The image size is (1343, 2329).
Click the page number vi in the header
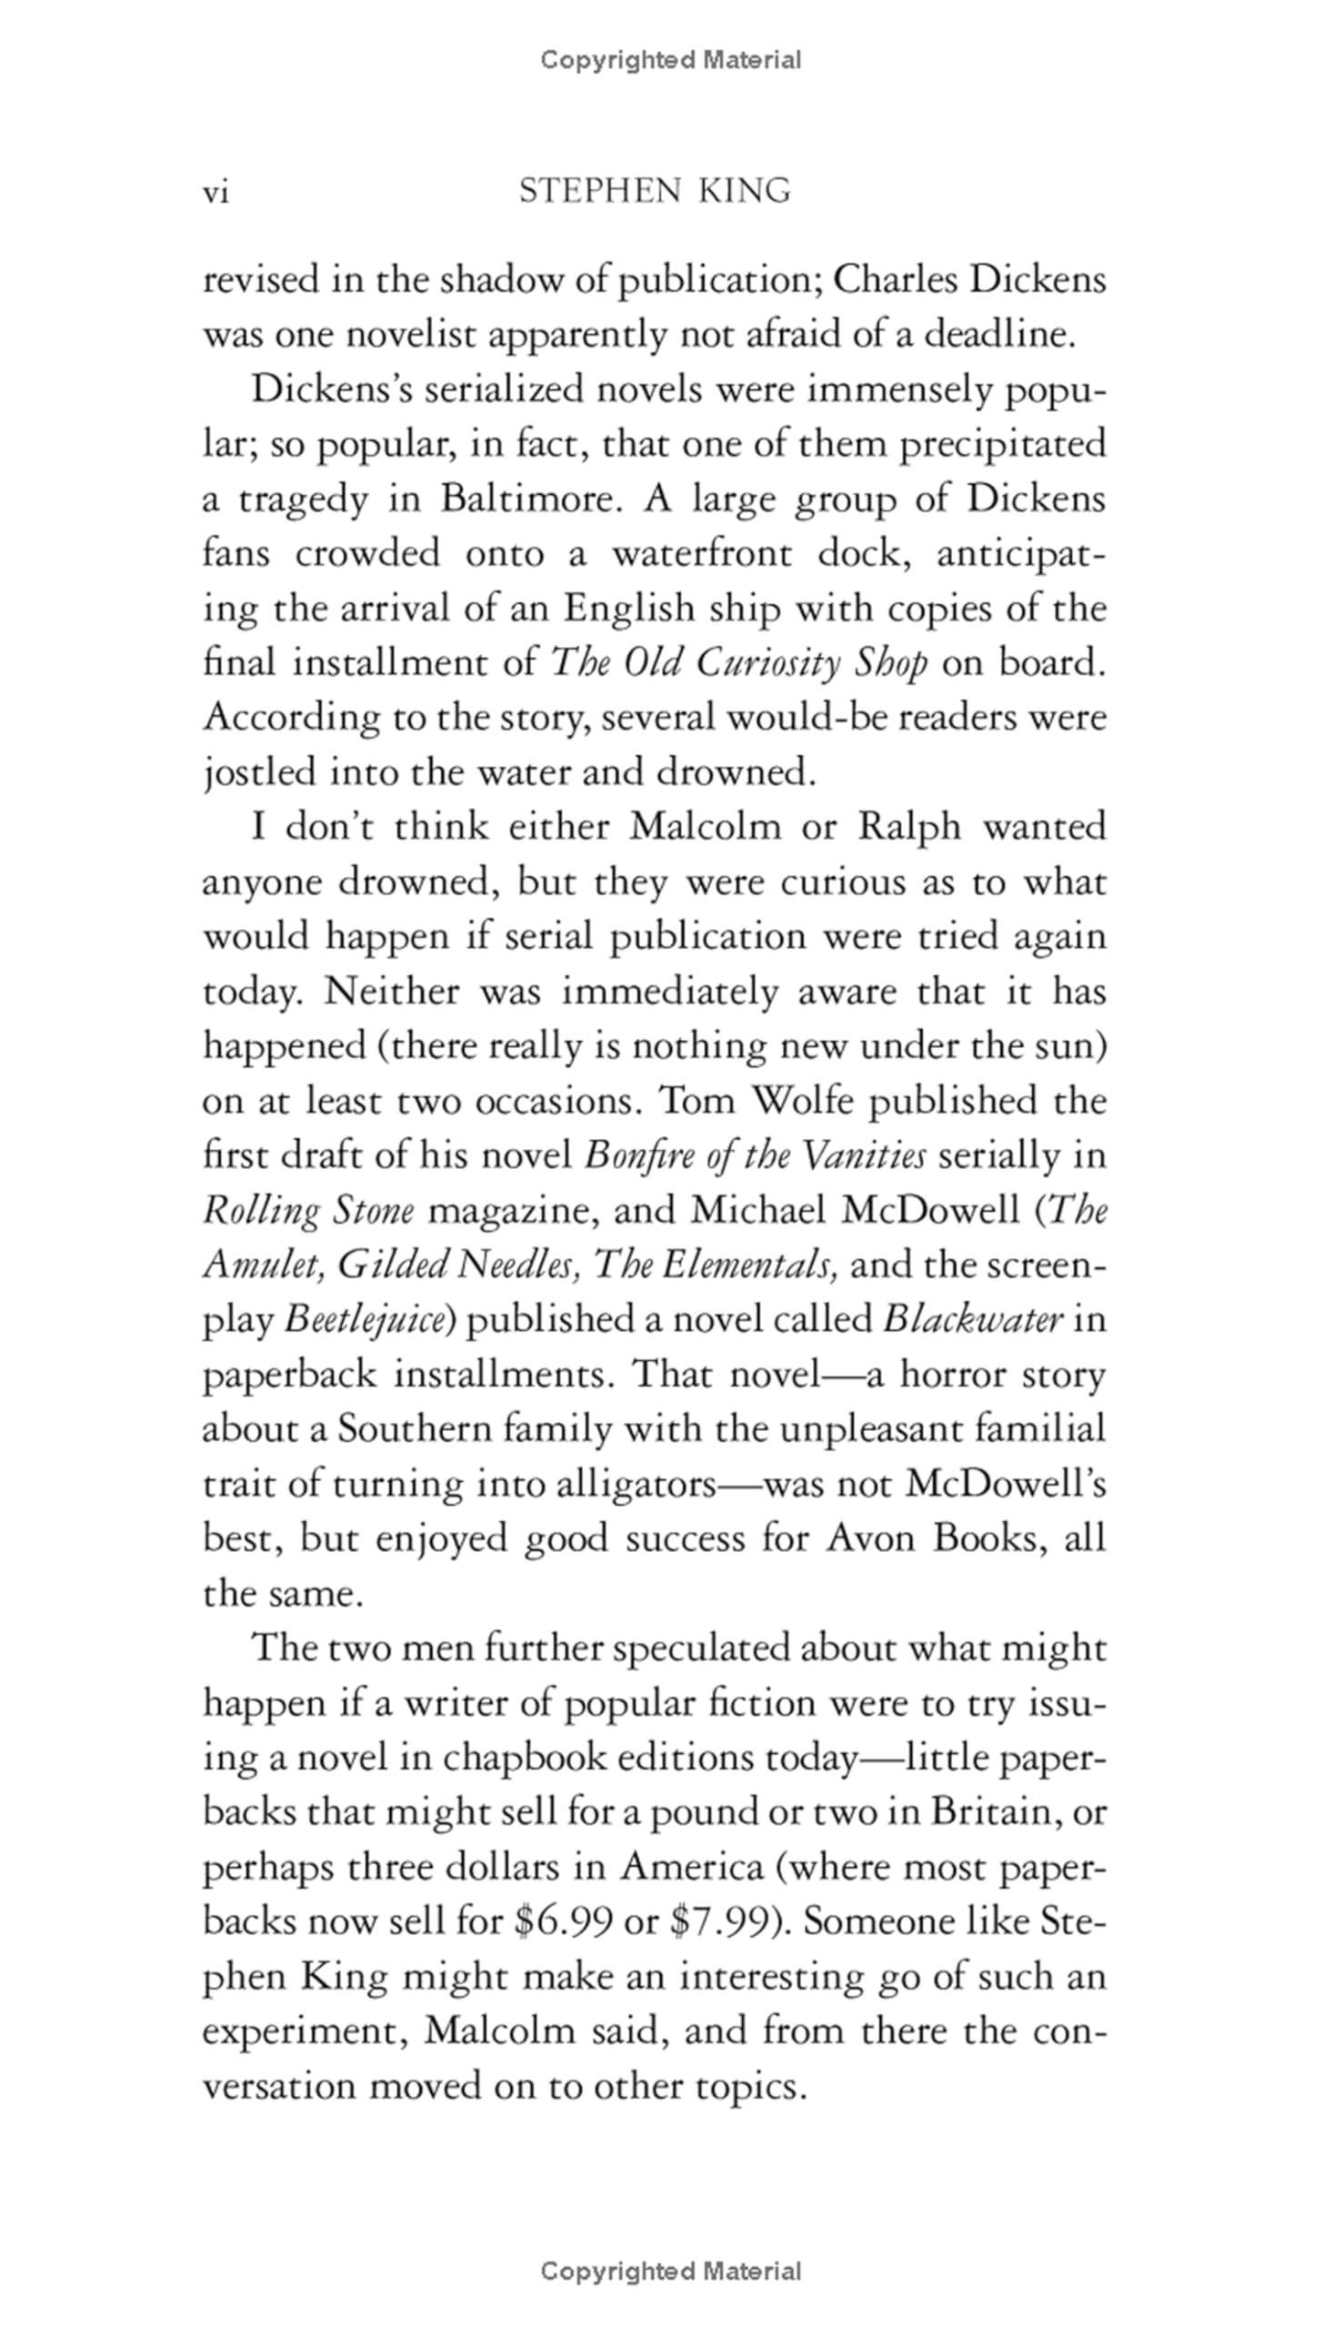click(215, 193)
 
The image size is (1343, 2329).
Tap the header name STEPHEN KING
click(655, 191)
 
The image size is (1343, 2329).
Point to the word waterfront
click(702, 554)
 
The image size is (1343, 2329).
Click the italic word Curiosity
click(769, 663)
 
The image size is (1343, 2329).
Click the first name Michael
click(757, 1211)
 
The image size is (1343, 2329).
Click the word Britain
click(995, 1813)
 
